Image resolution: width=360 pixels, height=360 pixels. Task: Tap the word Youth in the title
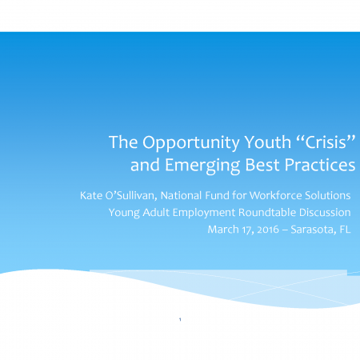pos(268,142)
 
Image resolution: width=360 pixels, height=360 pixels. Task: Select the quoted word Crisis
pos(326,142)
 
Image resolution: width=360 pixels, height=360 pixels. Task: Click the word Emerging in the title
pos(202,166)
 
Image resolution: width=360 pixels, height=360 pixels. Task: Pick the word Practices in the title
pos(320,165)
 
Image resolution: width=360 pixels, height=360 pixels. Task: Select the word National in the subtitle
pos(181,195)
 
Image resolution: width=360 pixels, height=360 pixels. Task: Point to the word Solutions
pos(328,195)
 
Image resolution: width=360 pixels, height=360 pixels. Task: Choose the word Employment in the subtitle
pos(204,213)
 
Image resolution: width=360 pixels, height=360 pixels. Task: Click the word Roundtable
pos(267,213)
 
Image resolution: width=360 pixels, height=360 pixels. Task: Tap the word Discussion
pos(325,213)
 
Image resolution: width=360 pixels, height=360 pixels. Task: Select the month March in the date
pos(223,230)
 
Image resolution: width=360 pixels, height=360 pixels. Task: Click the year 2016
pos(268,230)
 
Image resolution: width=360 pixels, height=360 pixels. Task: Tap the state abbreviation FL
pos(345,230)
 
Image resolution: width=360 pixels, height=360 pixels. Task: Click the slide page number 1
pos(180,319)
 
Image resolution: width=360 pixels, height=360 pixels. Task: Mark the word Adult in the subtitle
pos(156,213)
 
